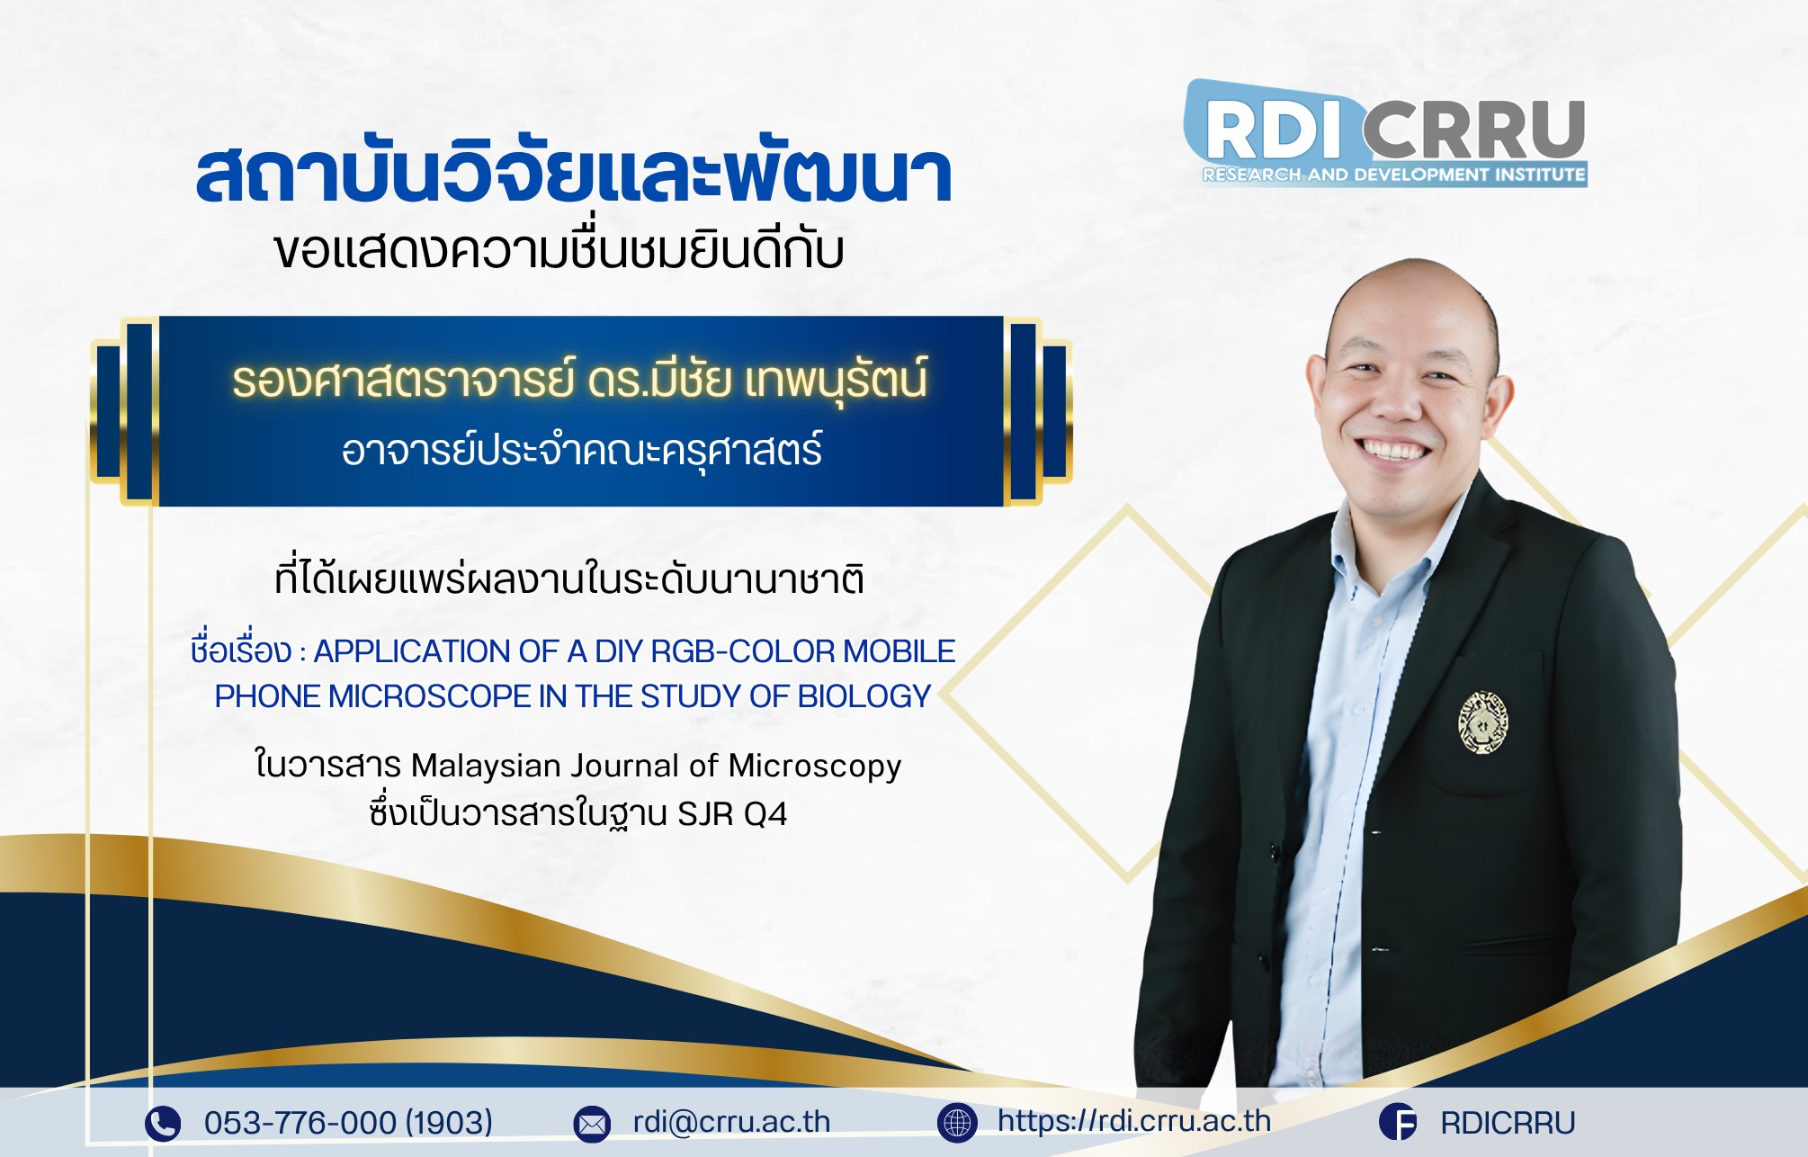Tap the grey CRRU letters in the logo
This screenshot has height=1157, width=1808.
click(x=1474, y=130)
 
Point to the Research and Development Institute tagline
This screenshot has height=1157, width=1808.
click(x=1394, y=175)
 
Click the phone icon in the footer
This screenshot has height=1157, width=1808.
click(x=163, y=1123)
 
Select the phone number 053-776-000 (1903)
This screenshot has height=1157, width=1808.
click(x=348, y=1123)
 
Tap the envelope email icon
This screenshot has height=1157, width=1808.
click(x=592, y=1124)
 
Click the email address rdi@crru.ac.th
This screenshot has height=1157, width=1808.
click(x=731, y=1122)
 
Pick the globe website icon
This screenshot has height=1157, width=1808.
click(x=957, y=1123)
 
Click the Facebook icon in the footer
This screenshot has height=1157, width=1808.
click(x=1398, y=1123)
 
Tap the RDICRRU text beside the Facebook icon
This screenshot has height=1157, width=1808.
click(x=1508, y=1123)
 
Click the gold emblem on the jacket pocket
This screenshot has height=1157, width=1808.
click(x=1482, y=722)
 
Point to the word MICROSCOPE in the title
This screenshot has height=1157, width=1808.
click(x=430, y=696)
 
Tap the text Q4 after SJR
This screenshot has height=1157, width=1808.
click(x=765, y=814)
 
